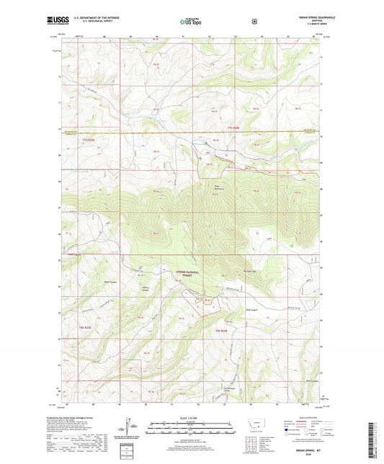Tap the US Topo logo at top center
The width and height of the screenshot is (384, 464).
(191, 22)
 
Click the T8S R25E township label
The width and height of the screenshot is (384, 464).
(84, 328)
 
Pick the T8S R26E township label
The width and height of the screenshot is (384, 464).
(223, 329)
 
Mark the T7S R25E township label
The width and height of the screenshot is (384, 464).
(88, 139)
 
